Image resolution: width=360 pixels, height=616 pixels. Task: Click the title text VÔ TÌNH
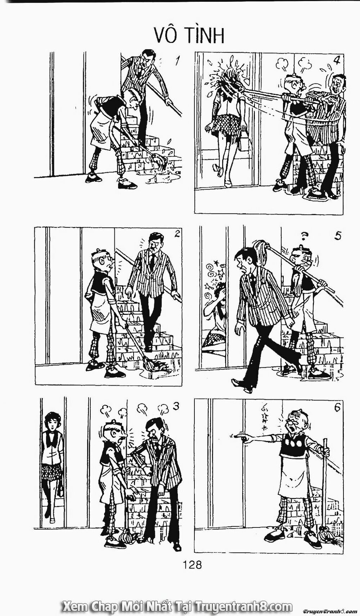[x=190, y=35]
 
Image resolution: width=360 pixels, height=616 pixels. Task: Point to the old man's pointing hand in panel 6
[x=238, y=437]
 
